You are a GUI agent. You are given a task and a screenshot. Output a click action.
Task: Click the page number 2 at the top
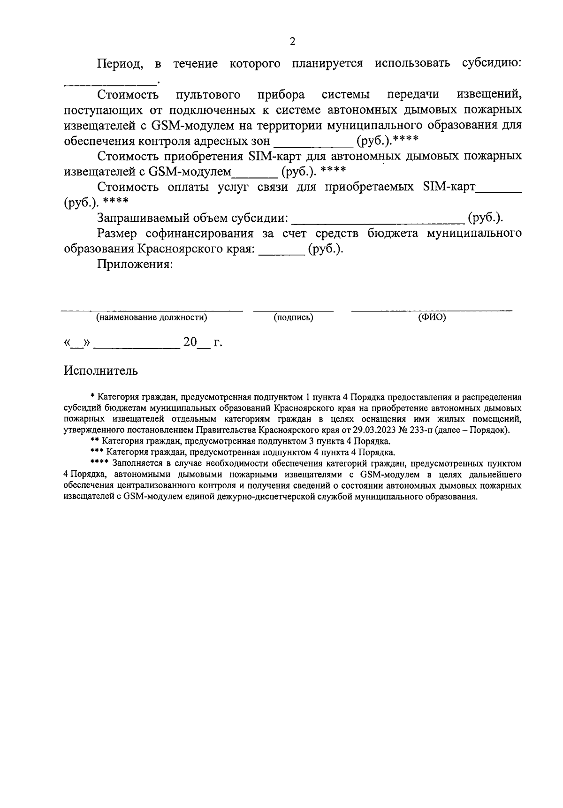pyautogui.click(x=292, y=42)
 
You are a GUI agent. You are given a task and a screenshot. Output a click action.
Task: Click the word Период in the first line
pyautogui.click(x=120, y=64)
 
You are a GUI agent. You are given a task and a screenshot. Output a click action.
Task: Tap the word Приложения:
pyautogui.click(x=135, y=264)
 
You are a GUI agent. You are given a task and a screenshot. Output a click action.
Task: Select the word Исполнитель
pyautogui.click(x=101, y=371)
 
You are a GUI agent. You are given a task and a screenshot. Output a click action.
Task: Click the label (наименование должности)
pyautogui.click(x=152, y=317)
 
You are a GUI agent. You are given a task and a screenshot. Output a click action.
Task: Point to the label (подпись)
pyautogui.click(x=293, y=317)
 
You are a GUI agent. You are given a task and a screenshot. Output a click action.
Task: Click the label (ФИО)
pyautogui.click(x=432, y=317)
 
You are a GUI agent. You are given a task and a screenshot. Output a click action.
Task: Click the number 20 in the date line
pyautogui.click(x=190, y=342)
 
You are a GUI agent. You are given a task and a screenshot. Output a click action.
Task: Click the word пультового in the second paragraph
pyautogui.click(x=208, y=95)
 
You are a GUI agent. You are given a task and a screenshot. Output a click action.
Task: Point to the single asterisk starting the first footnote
pyautogui.click(x=92, y=398)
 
